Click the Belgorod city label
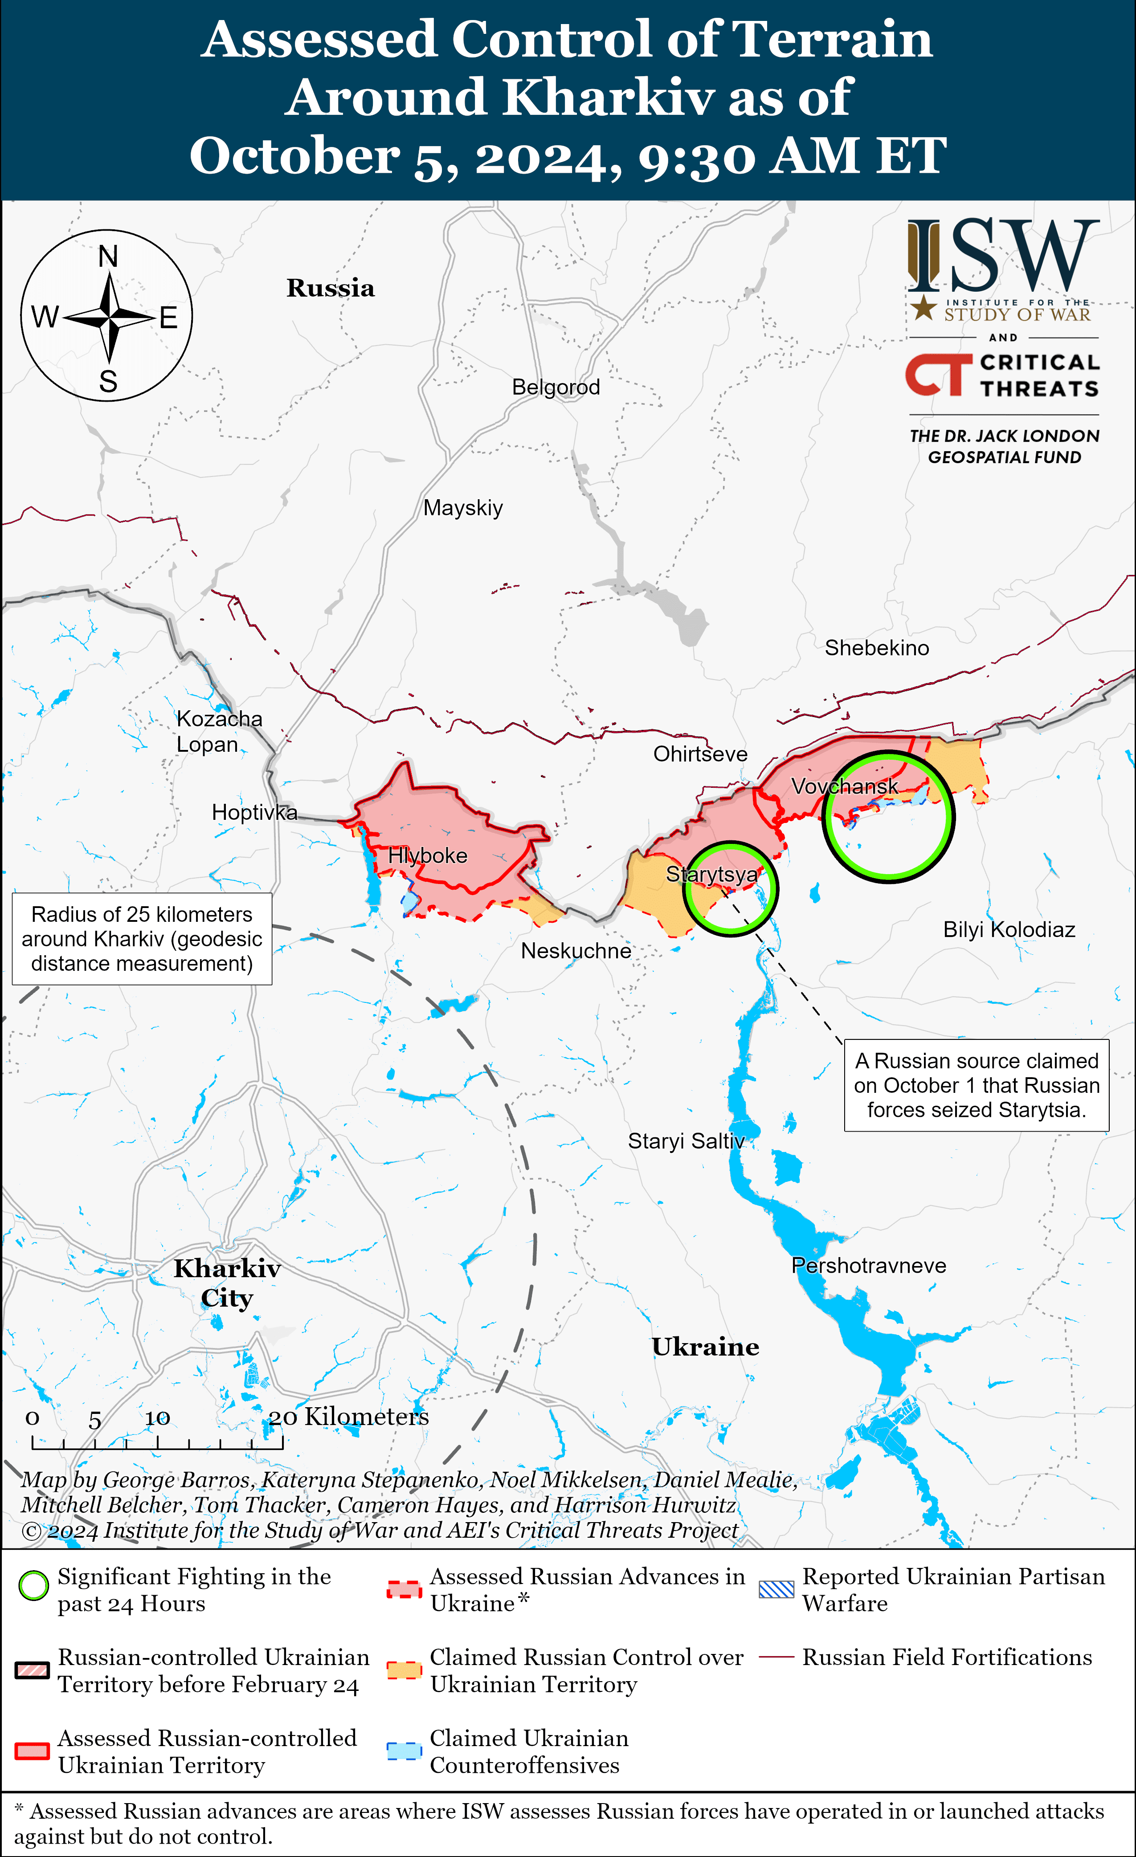point(556,387)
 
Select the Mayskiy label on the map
point(463,508)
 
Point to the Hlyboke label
point(427,856)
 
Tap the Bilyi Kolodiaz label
point(1009,930)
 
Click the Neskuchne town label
point(576,951)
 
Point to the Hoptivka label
point(254,812)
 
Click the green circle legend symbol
point(33,1586)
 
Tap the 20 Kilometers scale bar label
point(349,1417)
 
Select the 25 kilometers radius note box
point(142,939)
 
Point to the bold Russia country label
point(330,288)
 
